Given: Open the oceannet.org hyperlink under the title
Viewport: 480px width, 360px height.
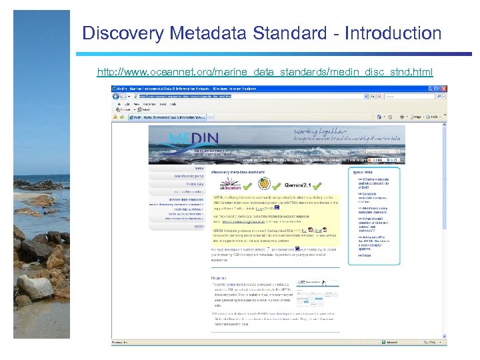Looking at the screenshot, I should coord(265,71).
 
